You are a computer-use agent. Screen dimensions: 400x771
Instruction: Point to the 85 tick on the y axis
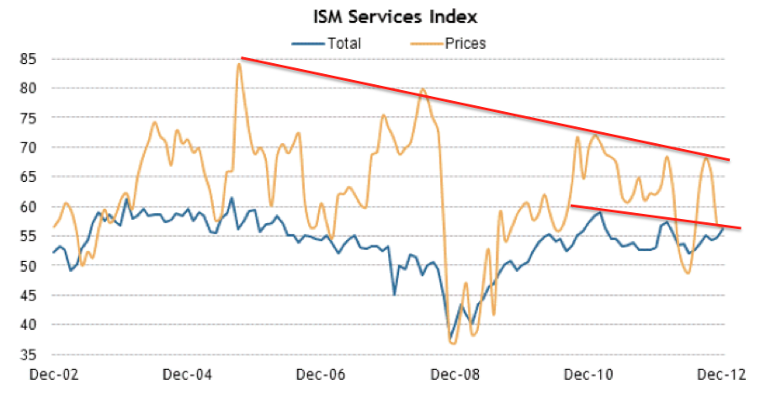(x=36, y=59)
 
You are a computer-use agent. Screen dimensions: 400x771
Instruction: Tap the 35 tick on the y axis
(x=36, y=355)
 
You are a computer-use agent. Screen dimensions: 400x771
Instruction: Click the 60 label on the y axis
(x=36, y=206)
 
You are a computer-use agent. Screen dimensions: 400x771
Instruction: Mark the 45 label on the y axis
(x=36, y=296)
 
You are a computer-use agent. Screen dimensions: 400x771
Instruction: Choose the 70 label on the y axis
(x=36, y=147)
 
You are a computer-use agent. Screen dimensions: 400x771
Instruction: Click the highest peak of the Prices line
(x=239, y=64)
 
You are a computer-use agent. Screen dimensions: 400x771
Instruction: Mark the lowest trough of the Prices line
(x=453, y=343)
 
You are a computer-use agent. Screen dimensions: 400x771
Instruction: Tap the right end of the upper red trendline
(x=729, y=159)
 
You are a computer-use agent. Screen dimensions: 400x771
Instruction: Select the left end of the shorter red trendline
(x=571, y=205)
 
